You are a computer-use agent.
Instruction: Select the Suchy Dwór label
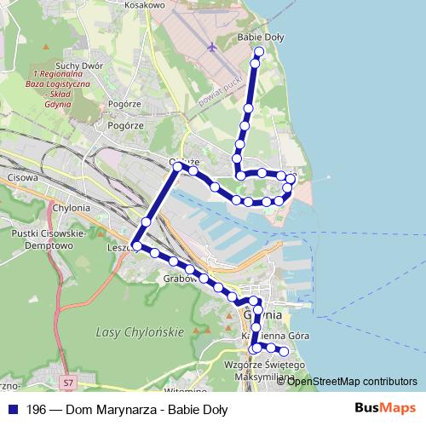pos(79,66)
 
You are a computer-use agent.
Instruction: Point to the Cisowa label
pos(22,179)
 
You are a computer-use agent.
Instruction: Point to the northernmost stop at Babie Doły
pos(259,52)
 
